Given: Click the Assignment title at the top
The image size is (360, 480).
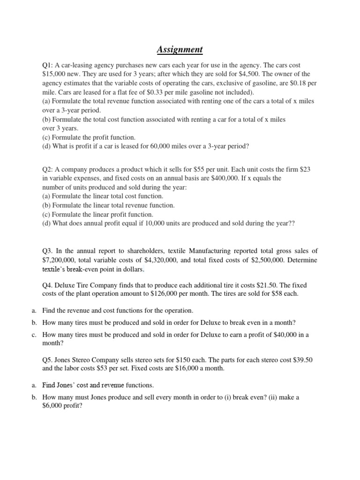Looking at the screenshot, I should (x=180, y=49).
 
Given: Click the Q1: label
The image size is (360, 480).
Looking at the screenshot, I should (x=49, y=65).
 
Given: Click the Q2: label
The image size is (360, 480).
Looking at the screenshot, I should (x=49, y=169).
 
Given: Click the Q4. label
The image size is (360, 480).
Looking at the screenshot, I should (x=49, y=285).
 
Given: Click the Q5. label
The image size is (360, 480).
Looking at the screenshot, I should (x=49, y=360).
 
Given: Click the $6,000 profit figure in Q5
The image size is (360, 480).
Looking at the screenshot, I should (x=55, y=406).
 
